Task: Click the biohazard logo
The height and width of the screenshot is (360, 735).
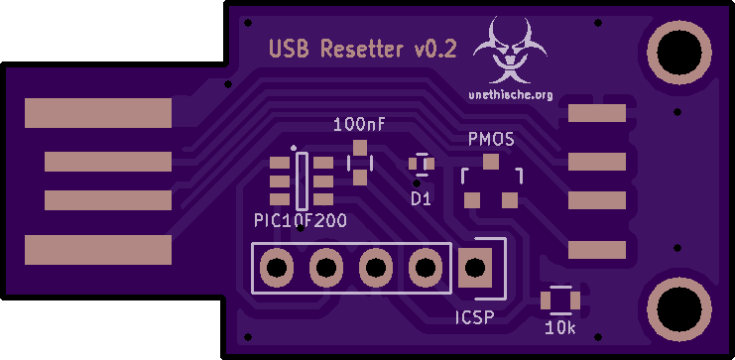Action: tap(510, 50)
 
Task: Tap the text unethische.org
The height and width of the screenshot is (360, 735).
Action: tap(511, 95)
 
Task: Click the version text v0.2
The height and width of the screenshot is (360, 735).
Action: tap(435, 50)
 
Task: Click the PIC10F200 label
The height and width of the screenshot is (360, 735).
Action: tap(301, 220)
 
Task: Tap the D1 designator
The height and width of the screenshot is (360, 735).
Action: tap(421, 199)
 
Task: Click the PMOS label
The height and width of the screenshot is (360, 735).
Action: tap(491, 139)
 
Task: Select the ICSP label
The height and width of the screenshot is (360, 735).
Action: tap(475, 318)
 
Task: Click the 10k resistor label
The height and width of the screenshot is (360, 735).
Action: tap(560, 328)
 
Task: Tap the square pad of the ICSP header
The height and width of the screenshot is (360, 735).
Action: tap(475, 268)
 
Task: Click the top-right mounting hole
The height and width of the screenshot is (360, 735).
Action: tap(679, 52)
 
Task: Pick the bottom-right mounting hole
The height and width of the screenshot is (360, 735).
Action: tap(679, 308)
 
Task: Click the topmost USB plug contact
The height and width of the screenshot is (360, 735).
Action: tap(98, 113)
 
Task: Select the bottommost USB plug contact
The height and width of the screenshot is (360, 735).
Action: tap(98, 250)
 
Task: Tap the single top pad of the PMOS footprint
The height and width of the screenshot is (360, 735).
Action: tap(491, 163)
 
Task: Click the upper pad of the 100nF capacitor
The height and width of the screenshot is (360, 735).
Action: tap(360, 148)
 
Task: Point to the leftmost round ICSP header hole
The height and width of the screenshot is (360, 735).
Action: tap(277, 268)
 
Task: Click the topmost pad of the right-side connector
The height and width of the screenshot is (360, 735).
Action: tap(597, 113)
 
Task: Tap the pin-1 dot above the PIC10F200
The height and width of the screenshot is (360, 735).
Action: tap(294, 148)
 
